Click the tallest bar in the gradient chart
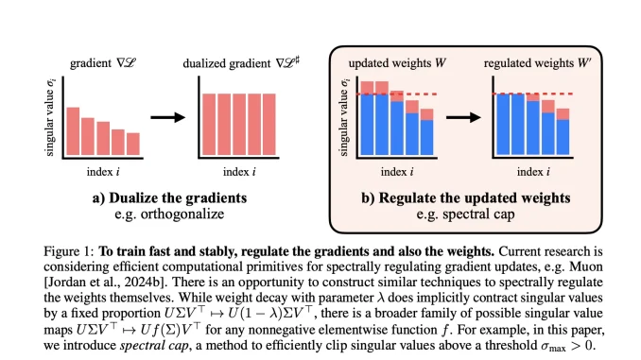point(72,131)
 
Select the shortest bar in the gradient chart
point(132,144)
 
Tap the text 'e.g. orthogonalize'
point(165,214)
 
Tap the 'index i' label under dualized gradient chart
point(238,174)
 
